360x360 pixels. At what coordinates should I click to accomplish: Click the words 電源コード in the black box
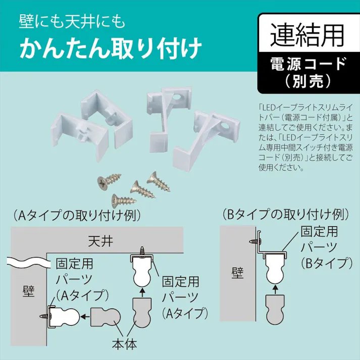(x=307, y=63)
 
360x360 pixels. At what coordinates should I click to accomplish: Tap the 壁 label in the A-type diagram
(x=29, y=291)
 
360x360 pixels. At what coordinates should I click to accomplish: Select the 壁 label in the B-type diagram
(x=237, y=273)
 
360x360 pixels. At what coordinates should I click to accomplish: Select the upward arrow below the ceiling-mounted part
(x=143, y=291)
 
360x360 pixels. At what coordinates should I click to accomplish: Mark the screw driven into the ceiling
(x=143, y=249)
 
